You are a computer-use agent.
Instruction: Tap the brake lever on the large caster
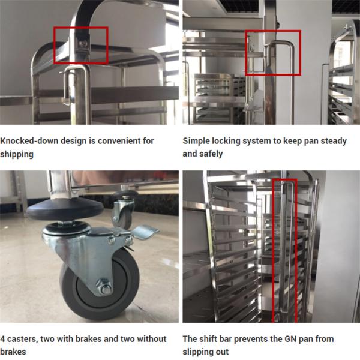(144, 231)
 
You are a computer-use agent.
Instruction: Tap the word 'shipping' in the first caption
(17, 154)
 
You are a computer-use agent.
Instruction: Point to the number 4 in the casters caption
(2, 339)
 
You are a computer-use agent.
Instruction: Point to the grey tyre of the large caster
(99, 284)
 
